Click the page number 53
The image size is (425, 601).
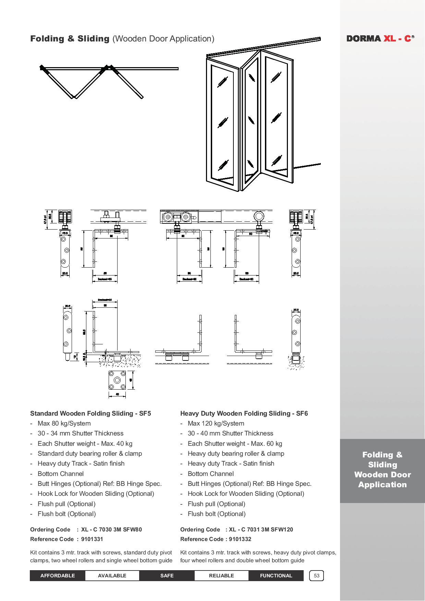[x=316, y=576]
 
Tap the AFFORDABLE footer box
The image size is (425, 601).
[x=57, y=576]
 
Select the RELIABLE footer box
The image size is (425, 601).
[x=221, y=576]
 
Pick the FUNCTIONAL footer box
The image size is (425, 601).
[x=276, y=576]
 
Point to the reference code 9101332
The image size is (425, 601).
[x=240, y=539]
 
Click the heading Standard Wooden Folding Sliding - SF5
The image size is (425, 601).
[x=90, y=413]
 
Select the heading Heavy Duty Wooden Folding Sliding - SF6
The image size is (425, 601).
[x=244, y=413]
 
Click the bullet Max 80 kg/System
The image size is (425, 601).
[x=64, y=424]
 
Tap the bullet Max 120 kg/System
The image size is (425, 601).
[x=216, y=424]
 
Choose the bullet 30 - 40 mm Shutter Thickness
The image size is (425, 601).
[x=230, y=433]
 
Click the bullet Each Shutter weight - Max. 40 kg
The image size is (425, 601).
[x=85, y=443]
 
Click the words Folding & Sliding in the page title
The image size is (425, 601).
[x=70, y=39]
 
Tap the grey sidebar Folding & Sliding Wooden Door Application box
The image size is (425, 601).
[x=382, y=470]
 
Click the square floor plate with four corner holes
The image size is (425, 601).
[x=117, y=380]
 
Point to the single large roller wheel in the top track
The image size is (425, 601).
[x=259, y=217]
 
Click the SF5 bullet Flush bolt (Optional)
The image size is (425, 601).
[x=66, y=514]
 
